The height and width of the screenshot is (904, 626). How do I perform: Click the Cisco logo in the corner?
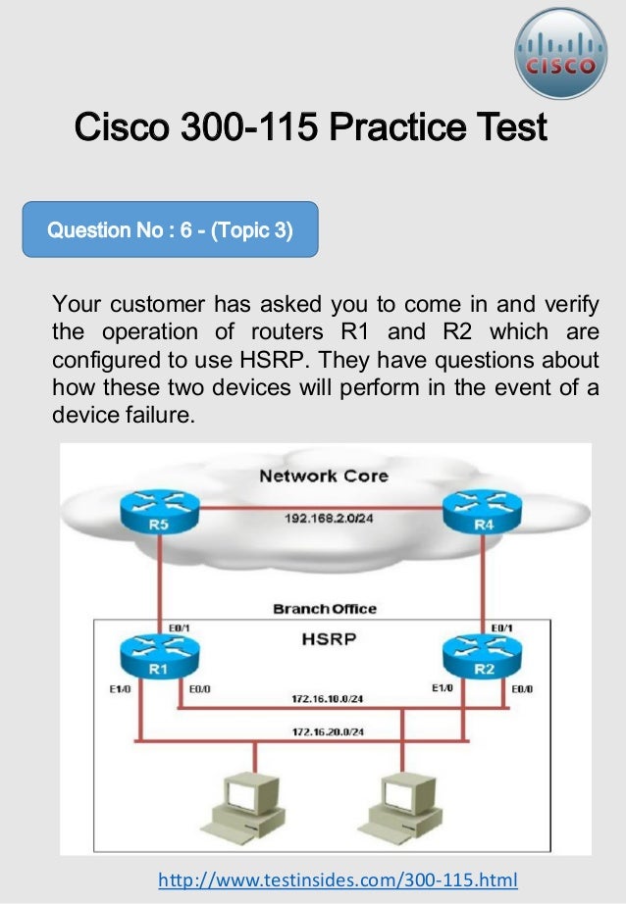(x=561, y=54)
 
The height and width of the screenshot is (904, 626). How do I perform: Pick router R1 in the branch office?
(x=158, y=655)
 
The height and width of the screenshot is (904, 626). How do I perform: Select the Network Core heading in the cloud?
(x=323, y=477)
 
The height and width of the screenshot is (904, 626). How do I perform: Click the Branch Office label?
(x=323, y=609)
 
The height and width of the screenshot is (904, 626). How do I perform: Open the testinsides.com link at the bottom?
(x=338, y=879)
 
